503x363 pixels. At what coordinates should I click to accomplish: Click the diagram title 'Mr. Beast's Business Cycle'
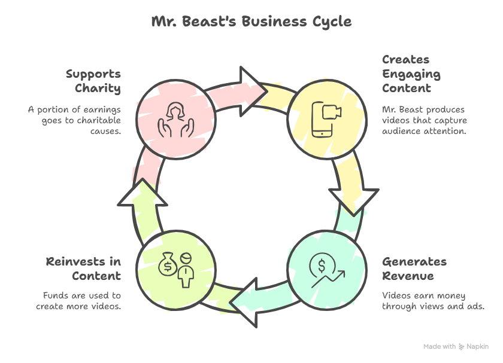click(251, 22)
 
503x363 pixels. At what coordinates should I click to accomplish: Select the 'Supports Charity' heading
click(93, 81)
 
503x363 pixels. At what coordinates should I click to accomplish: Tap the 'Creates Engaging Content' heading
click(411, 74)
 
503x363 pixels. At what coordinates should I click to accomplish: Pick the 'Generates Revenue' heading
click(414, 269)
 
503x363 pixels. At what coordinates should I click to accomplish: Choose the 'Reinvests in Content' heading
click(83, 269)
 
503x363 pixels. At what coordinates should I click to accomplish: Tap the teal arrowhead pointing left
click(246, 303)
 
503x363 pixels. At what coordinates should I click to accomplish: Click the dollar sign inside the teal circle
click(322, 266)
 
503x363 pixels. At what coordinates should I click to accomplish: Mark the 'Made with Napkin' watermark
click(456, 346)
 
